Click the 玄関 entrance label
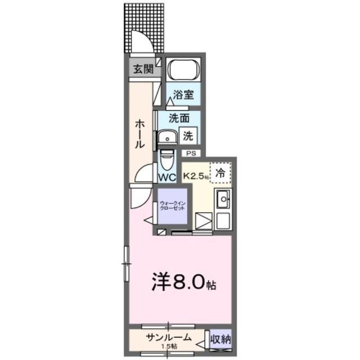point(143,69)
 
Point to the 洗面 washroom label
point(179,119)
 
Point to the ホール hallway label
point(140,136)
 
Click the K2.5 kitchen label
point(195,175)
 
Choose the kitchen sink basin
point(223,199)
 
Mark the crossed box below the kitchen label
point(203,221)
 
